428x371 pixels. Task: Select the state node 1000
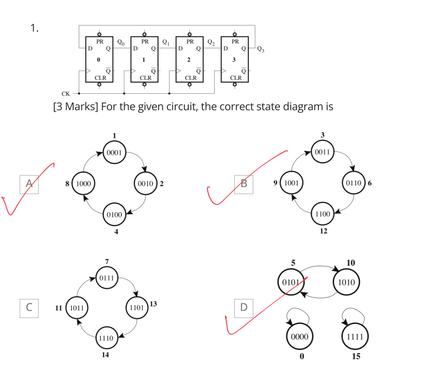[83, 183]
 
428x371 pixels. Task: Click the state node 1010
[347, 282]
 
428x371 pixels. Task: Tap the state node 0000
[299, 336]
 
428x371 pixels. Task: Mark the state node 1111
[353, 336]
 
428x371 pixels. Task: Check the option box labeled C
[29, 307]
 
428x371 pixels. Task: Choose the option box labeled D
[243, 307]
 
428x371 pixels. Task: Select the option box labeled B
[243, 183]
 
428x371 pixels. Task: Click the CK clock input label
[65, 93]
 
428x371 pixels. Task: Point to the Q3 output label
[261, 49]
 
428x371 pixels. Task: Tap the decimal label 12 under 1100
[323, 232]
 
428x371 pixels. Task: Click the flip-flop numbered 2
[189, 60]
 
